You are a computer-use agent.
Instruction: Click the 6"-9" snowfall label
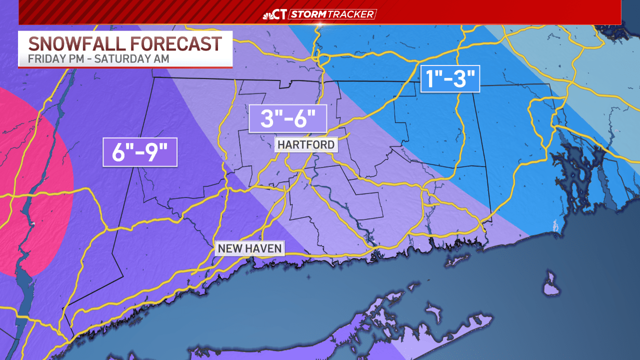(x=140, y=152)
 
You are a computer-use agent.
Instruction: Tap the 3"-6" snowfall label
(x=287, y=119)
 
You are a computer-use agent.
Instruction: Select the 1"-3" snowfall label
(x=450, y=79)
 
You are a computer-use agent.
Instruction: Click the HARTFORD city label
(x=306, y=145)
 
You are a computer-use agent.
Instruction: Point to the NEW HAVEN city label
(x=249, y=248)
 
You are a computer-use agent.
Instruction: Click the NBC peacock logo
(x=268, y=14)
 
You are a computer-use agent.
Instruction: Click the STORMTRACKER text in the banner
(x=332, y=14)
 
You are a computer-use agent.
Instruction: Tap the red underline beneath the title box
(x=125, y=67)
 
